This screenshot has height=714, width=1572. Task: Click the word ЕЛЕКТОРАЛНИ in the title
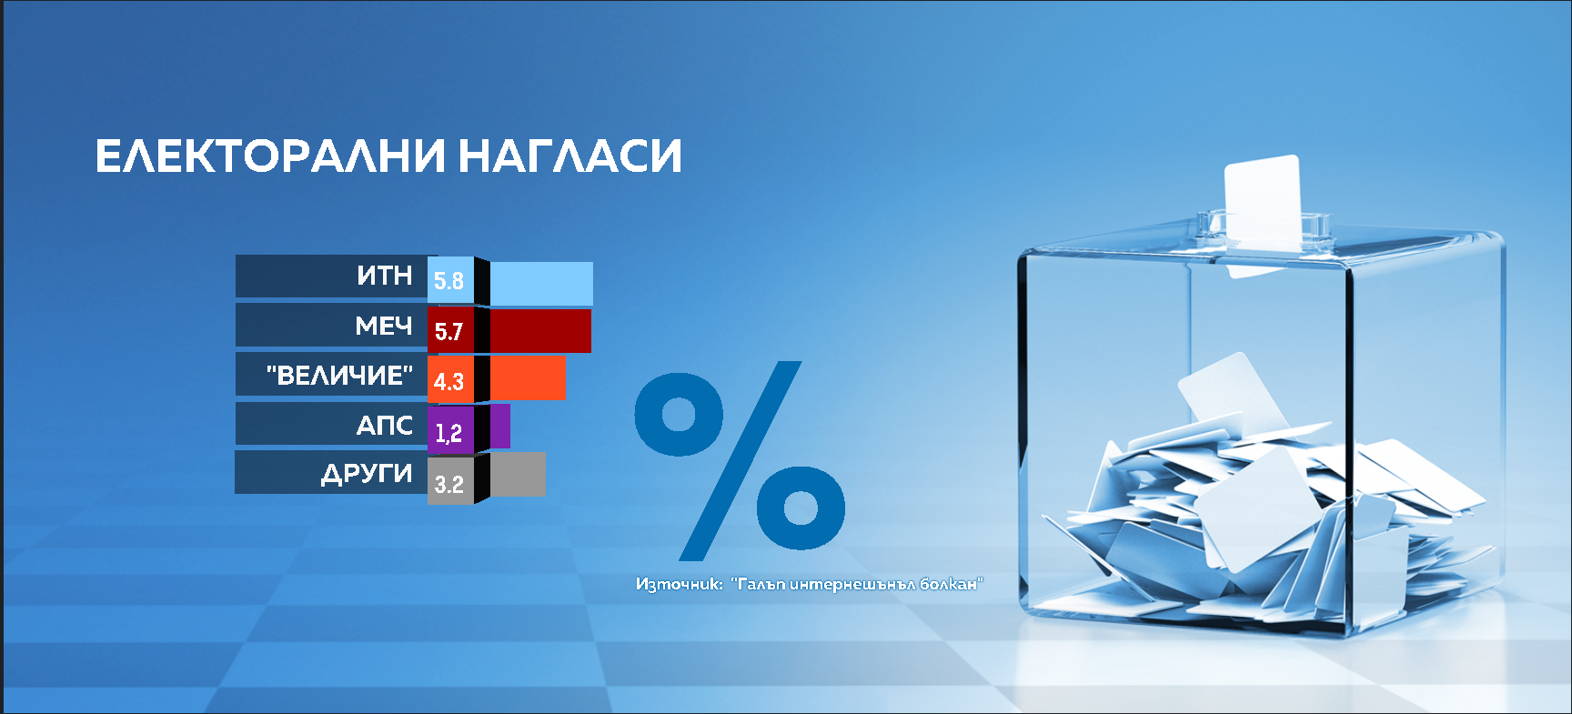tap(270, 156)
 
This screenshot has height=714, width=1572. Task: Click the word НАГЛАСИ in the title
tap(569, 156)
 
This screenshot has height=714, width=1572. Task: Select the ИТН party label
tap(385, 276)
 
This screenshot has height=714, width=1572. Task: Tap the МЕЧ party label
tap(384, 326)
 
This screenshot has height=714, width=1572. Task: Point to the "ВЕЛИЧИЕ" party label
tap(339, 375)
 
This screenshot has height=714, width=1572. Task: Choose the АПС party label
tap(385, 425)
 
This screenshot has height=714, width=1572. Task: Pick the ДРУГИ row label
tap(367, 474)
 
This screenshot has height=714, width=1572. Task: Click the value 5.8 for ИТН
tap(448, 281)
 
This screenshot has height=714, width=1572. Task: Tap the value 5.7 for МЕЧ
tap(448, 332)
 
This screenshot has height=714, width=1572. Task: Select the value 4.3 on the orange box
tap(448, 382)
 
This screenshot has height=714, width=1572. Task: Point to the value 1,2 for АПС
tap(448, 433)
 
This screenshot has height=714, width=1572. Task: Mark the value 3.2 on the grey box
tap(448, 484)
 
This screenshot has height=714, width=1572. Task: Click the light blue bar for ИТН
tap(541, 284)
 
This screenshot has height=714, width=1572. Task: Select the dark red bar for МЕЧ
tap(540, 331)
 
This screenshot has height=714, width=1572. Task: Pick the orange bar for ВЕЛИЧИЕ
tap(528, 377)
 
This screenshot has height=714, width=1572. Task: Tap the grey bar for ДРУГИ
tap(518, 474)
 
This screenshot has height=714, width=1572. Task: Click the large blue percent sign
tap(740, 460)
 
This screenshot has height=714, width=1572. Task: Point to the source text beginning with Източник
tap(810, 584)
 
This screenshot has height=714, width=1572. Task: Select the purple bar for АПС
tap(500, 426)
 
